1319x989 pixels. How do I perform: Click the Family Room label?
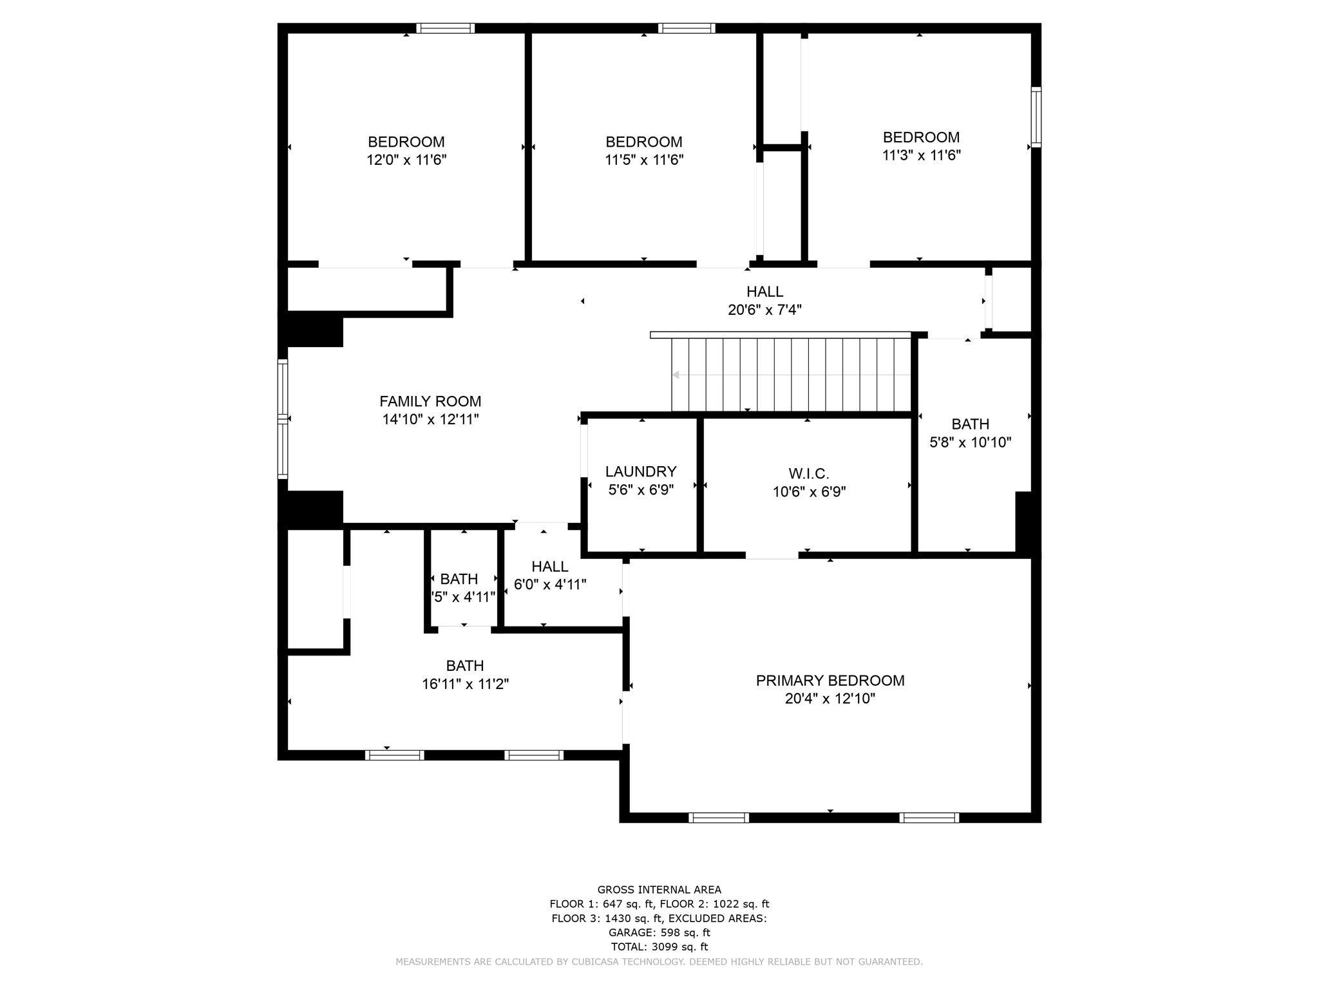[430, 401]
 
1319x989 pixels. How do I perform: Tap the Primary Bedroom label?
[830, 681]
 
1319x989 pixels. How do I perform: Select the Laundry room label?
[640, 472]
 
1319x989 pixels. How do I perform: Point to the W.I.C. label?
[808, 474]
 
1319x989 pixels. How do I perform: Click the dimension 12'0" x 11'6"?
[406, 160]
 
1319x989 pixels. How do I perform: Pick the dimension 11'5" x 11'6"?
[643, 160]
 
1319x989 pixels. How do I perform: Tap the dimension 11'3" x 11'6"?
[921, 155]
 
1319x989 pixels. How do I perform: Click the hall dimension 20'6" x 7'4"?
[764, 310]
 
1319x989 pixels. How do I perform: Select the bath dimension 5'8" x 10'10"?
[970, 442]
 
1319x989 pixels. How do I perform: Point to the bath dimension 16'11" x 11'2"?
[465, 684]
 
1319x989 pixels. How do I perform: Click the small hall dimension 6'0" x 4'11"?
[549, 585]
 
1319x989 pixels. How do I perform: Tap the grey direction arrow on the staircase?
[676, 375]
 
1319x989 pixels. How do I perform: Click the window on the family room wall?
[283, 419]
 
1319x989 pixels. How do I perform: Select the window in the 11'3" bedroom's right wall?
[1036, 117]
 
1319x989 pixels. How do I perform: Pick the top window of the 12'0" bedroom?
[445, 28]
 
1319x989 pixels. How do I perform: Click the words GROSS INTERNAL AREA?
[659, 890]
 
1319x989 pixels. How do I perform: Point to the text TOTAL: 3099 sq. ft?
[659, 947]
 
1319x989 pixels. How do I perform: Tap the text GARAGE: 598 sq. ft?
[659, 932]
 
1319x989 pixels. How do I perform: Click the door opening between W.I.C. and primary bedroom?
[772, 555]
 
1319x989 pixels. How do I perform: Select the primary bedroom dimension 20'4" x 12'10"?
[830, 699]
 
